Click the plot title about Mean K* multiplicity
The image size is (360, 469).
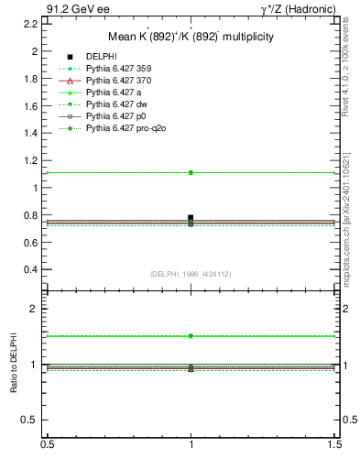click(191, 37)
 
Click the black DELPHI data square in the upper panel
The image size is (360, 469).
click(191, 218)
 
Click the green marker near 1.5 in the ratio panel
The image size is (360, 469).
click(191, 336)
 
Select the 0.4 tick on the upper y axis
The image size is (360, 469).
click(31, 270)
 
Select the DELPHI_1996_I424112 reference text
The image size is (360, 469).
click(190, 274)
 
